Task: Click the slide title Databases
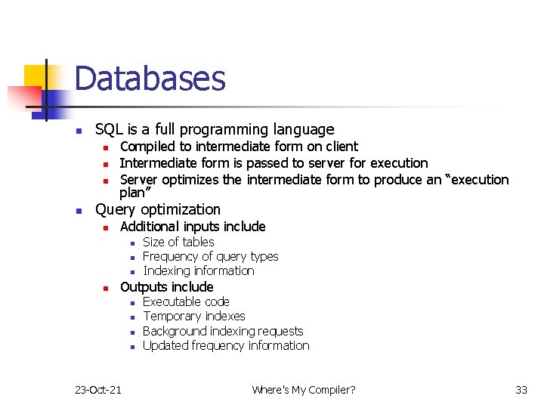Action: point(150,79)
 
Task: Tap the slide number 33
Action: point(521,390)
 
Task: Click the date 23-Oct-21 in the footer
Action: point(99,390)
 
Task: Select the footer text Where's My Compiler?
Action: point(303,390)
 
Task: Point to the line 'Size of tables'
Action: point(178,242)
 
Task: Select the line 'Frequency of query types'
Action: point(210,256)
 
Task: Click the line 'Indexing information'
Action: point(198,270)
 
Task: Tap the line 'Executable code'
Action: point(186,301)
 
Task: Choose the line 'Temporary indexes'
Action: point(193,316)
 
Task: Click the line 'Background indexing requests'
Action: point(223,331)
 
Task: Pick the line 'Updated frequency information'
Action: point(226,345)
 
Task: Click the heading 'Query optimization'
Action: point(158,209)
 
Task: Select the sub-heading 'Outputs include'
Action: point(166,286)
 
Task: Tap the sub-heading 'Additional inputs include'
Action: point(193,227)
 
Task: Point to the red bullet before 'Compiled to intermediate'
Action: point(107,147)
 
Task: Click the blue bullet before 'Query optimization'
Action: point(78,211)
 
